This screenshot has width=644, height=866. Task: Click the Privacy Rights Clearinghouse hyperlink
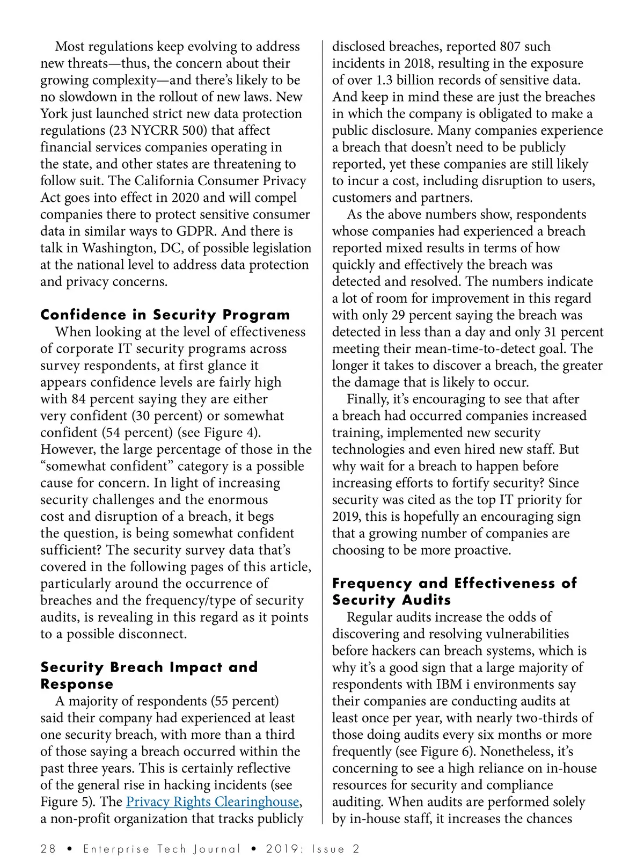pyautogui.click(x=213, y=802)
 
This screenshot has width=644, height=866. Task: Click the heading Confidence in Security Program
pyautogui.click(x=165, y=315)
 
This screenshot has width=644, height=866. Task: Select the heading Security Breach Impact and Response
pyautogui.click(x=149, y=675)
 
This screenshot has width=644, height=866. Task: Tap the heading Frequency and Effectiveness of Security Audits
pyautogui.click(x=454, y=592)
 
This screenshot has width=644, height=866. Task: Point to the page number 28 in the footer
pyautogui.click(x=48, y=849)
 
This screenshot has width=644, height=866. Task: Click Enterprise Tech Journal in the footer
pyautogui.click(x=162, y=849)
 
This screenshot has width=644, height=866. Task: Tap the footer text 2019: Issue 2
pyautogui.click(x=312, y=849)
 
